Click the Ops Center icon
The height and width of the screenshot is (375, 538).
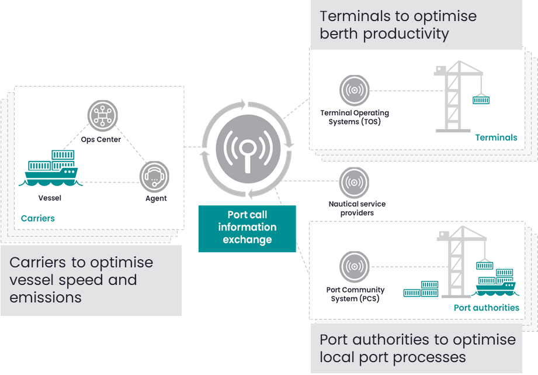click(103, 115)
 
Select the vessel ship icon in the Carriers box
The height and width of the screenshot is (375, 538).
click(50, 168)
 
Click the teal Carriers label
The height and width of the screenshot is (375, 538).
click(38, 218)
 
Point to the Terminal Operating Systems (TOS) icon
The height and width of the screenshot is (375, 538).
click(355, 91)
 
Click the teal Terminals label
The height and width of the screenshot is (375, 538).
click(496, 137)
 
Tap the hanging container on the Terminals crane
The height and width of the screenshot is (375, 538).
click(481, 100)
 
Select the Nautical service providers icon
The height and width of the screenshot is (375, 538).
click(355, 182)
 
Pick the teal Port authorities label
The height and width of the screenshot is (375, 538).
click(486, 308)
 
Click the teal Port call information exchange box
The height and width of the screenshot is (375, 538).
click(247, 228)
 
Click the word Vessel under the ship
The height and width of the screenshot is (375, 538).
click(50, 198)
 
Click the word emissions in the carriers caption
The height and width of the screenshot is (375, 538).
click(46, 297)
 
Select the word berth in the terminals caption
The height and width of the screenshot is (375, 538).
click(339, 34)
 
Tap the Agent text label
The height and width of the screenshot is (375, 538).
click(156, 198)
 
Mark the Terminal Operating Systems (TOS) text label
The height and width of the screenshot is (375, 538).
click(355, 117)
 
